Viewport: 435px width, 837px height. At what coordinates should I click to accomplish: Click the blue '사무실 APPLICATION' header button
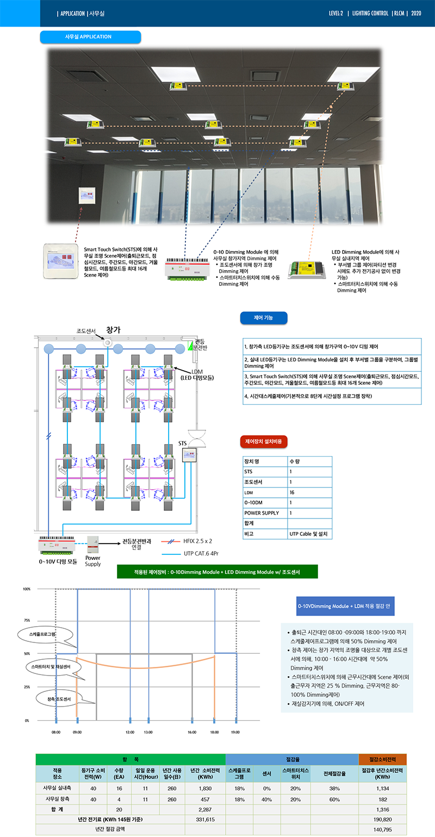(90, 37)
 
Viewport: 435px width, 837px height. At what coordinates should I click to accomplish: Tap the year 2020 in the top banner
(416, 13)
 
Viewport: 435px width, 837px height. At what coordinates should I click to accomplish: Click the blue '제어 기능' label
(263, 318)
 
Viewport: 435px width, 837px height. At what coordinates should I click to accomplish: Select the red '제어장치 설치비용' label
(264, 441)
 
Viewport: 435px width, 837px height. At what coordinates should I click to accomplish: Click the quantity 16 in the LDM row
(293, 492)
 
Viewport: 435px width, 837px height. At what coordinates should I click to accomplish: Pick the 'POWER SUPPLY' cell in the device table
(261, 513)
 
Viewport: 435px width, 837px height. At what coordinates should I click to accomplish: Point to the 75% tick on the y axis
(26, 620)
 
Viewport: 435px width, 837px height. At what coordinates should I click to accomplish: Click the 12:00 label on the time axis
(130, 733)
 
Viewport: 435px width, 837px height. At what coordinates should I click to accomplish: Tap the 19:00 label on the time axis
(235, 733)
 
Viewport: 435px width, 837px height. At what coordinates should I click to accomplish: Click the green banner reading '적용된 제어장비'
(217, 572)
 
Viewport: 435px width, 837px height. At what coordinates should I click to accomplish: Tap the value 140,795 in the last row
(383, 829)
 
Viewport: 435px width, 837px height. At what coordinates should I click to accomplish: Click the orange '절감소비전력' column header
(382, 759)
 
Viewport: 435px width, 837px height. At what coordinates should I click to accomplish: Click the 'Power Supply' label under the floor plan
(93, 561)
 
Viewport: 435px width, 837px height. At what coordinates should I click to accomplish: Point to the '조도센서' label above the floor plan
(86, 331)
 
